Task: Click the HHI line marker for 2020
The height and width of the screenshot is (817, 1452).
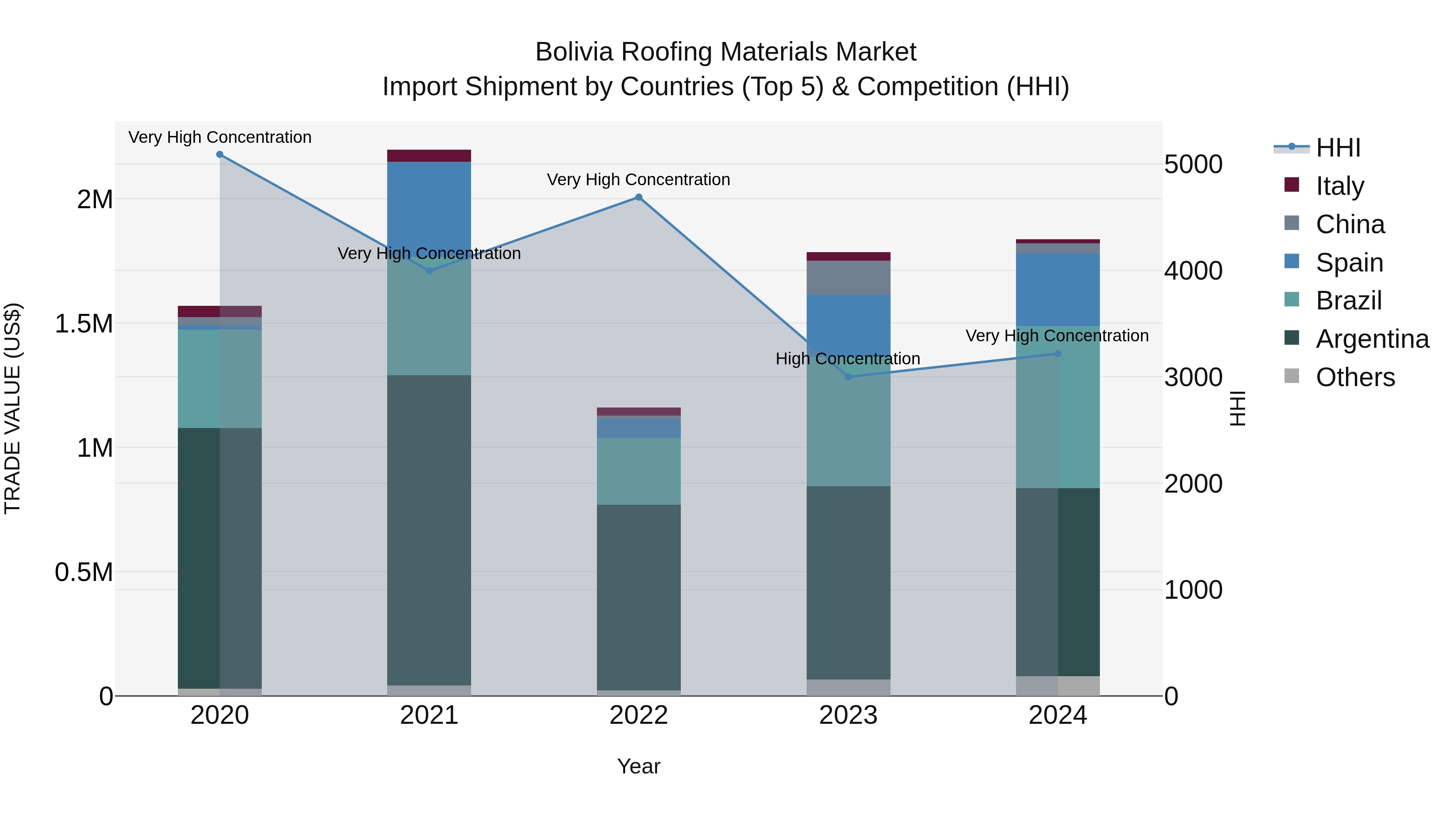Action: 220,155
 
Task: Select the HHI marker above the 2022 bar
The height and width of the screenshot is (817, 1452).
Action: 638,197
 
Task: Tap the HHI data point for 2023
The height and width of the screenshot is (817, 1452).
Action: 848,377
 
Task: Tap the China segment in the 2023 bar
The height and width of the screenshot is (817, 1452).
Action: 848,278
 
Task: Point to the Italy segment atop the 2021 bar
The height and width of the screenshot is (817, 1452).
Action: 429,156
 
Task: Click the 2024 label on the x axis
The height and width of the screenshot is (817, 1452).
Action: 1058,715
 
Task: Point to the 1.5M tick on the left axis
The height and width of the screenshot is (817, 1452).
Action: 83,324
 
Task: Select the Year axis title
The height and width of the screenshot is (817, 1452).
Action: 638,766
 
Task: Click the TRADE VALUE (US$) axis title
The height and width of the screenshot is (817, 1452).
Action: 13,408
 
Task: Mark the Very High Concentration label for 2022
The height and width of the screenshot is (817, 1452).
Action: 638,179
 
